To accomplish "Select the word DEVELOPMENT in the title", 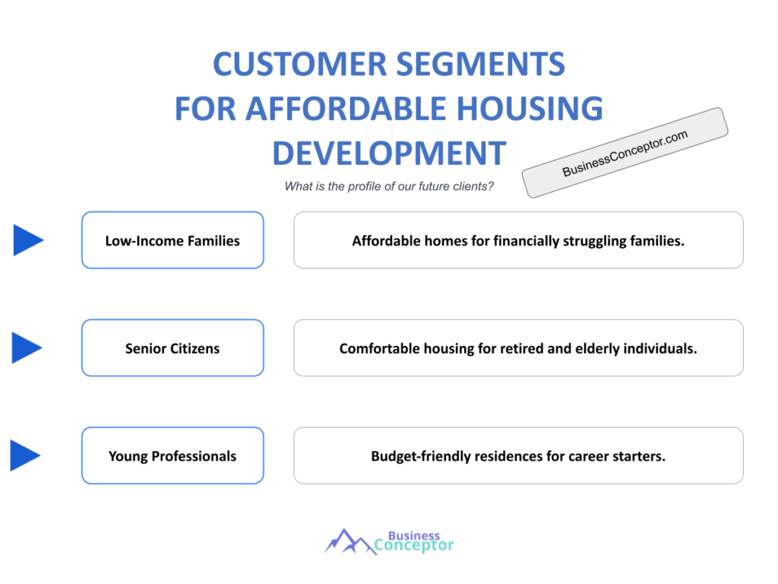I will tap(388, 153).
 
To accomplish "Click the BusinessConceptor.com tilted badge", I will tap(625, 153).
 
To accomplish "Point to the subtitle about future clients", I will tap(389, 186).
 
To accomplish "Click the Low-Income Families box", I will tap(172, 240).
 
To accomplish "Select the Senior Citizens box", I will tap(172, 348).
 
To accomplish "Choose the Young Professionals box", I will tap(172, 456).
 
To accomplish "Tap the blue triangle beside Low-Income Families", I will tap(27, 240).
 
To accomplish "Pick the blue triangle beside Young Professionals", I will tap(25, 456).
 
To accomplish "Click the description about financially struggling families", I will tap(518, 240).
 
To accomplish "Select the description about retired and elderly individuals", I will tap(518, 348).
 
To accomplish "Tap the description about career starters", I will tap(518, 456).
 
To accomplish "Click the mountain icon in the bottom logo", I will tap(349, 541).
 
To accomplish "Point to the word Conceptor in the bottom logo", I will tap(414, 545).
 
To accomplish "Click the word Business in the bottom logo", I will tap(414, 535).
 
